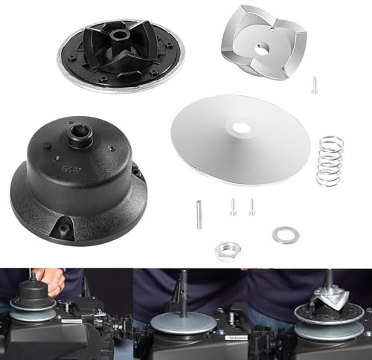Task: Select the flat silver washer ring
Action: (283, 236)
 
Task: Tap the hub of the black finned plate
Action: (119, 36)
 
